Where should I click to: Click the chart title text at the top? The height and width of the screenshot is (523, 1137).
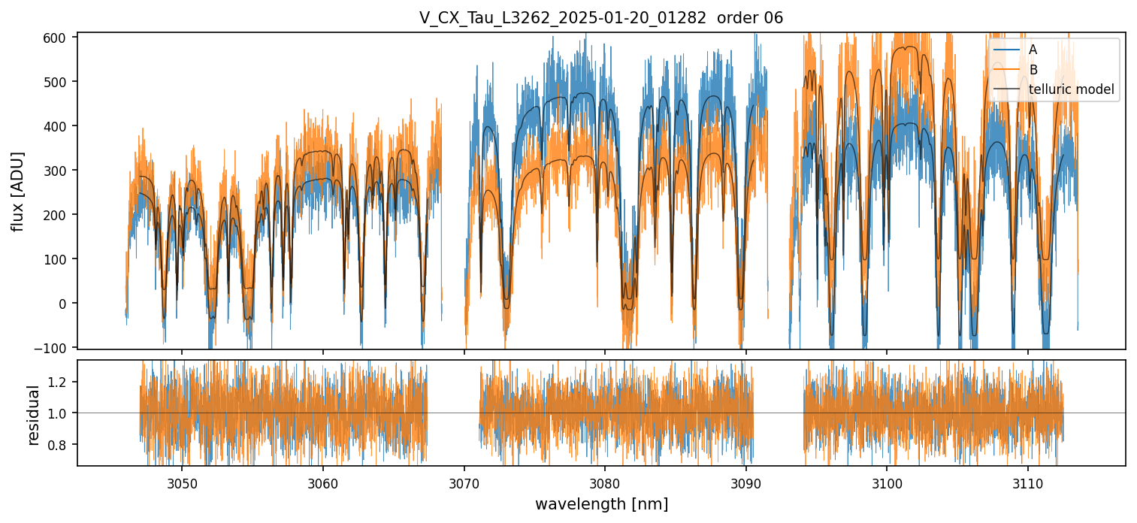point(600,18)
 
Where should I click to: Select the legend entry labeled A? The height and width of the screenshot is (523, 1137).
point(1033,50)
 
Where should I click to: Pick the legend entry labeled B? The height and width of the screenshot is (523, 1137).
point(1033,70)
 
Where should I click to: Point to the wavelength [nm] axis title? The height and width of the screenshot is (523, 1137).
point(601,503)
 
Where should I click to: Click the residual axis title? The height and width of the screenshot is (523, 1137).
point(33,414)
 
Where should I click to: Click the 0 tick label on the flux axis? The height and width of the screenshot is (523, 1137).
point(64,303)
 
